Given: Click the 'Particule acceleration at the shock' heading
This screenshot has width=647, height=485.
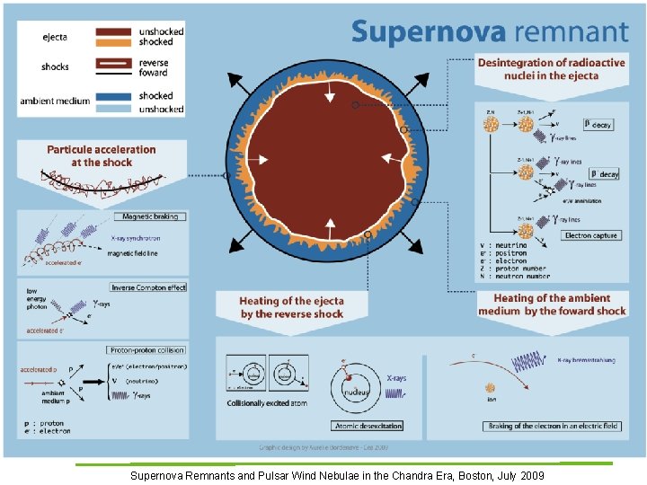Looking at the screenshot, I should pyautogui.click(x=102, y=155).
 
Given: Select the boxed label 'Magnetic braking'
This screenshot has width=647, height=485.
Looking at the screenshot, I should pyautogui.click(x=148, y=216).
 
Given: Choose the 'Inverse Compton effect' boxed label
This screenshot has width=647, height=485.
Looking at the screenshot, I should pyautogui.click(x=148, y=287).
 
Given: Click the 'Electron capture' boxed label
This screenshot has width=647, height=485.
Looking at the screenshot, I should pyautogui.click(x=591, y=235).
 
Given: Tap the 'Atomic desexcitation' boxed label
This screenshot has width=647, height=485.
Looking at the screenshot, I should pyautogui.click(x=368, y=425).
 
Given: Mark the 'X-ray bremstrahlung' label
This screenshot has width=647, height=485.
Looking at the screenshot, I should pyautogui.click(x=583, y=359).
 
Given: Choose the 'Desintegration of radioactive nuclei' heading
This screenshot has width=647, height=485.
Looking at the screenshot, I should pyautogui.click(x=552, y=69).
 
